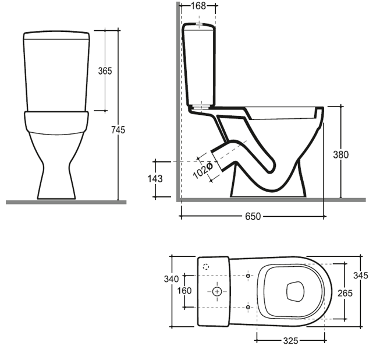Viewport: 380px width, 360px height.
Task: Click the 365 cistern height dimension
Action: (105, 70)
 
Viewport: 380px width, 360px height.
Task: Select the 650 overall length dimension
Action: (252, 216)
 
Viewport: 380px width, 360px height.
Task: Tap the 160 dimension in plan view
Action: (184, 291)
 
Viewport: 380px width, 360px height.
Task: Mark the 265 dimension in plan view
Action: (346, 293)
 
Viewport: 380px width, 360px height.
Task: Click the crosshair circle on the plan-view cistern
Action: (217, 290)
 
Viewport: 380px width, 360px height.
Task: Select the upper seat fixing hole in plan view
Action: (248, 275)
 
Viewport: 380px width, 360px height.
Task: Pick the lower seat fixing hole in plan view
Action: (248, 306)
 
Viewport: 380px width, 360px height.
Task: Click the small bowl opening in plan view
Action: (296, 291)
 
